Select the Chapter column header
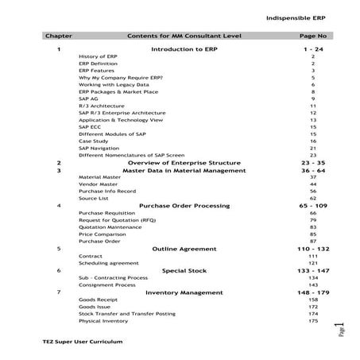click(x=59, y=37)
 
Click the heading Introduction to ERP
click(x=185, y=49)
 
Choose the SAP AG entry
click(x=90, y=99)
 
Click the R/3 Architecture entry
click(x=101, y=106)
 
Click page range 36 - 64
click(x=313, y=170)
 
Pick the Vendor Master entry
click(x=98, y=184)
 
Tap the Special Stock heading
click(x=184, y=270)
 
